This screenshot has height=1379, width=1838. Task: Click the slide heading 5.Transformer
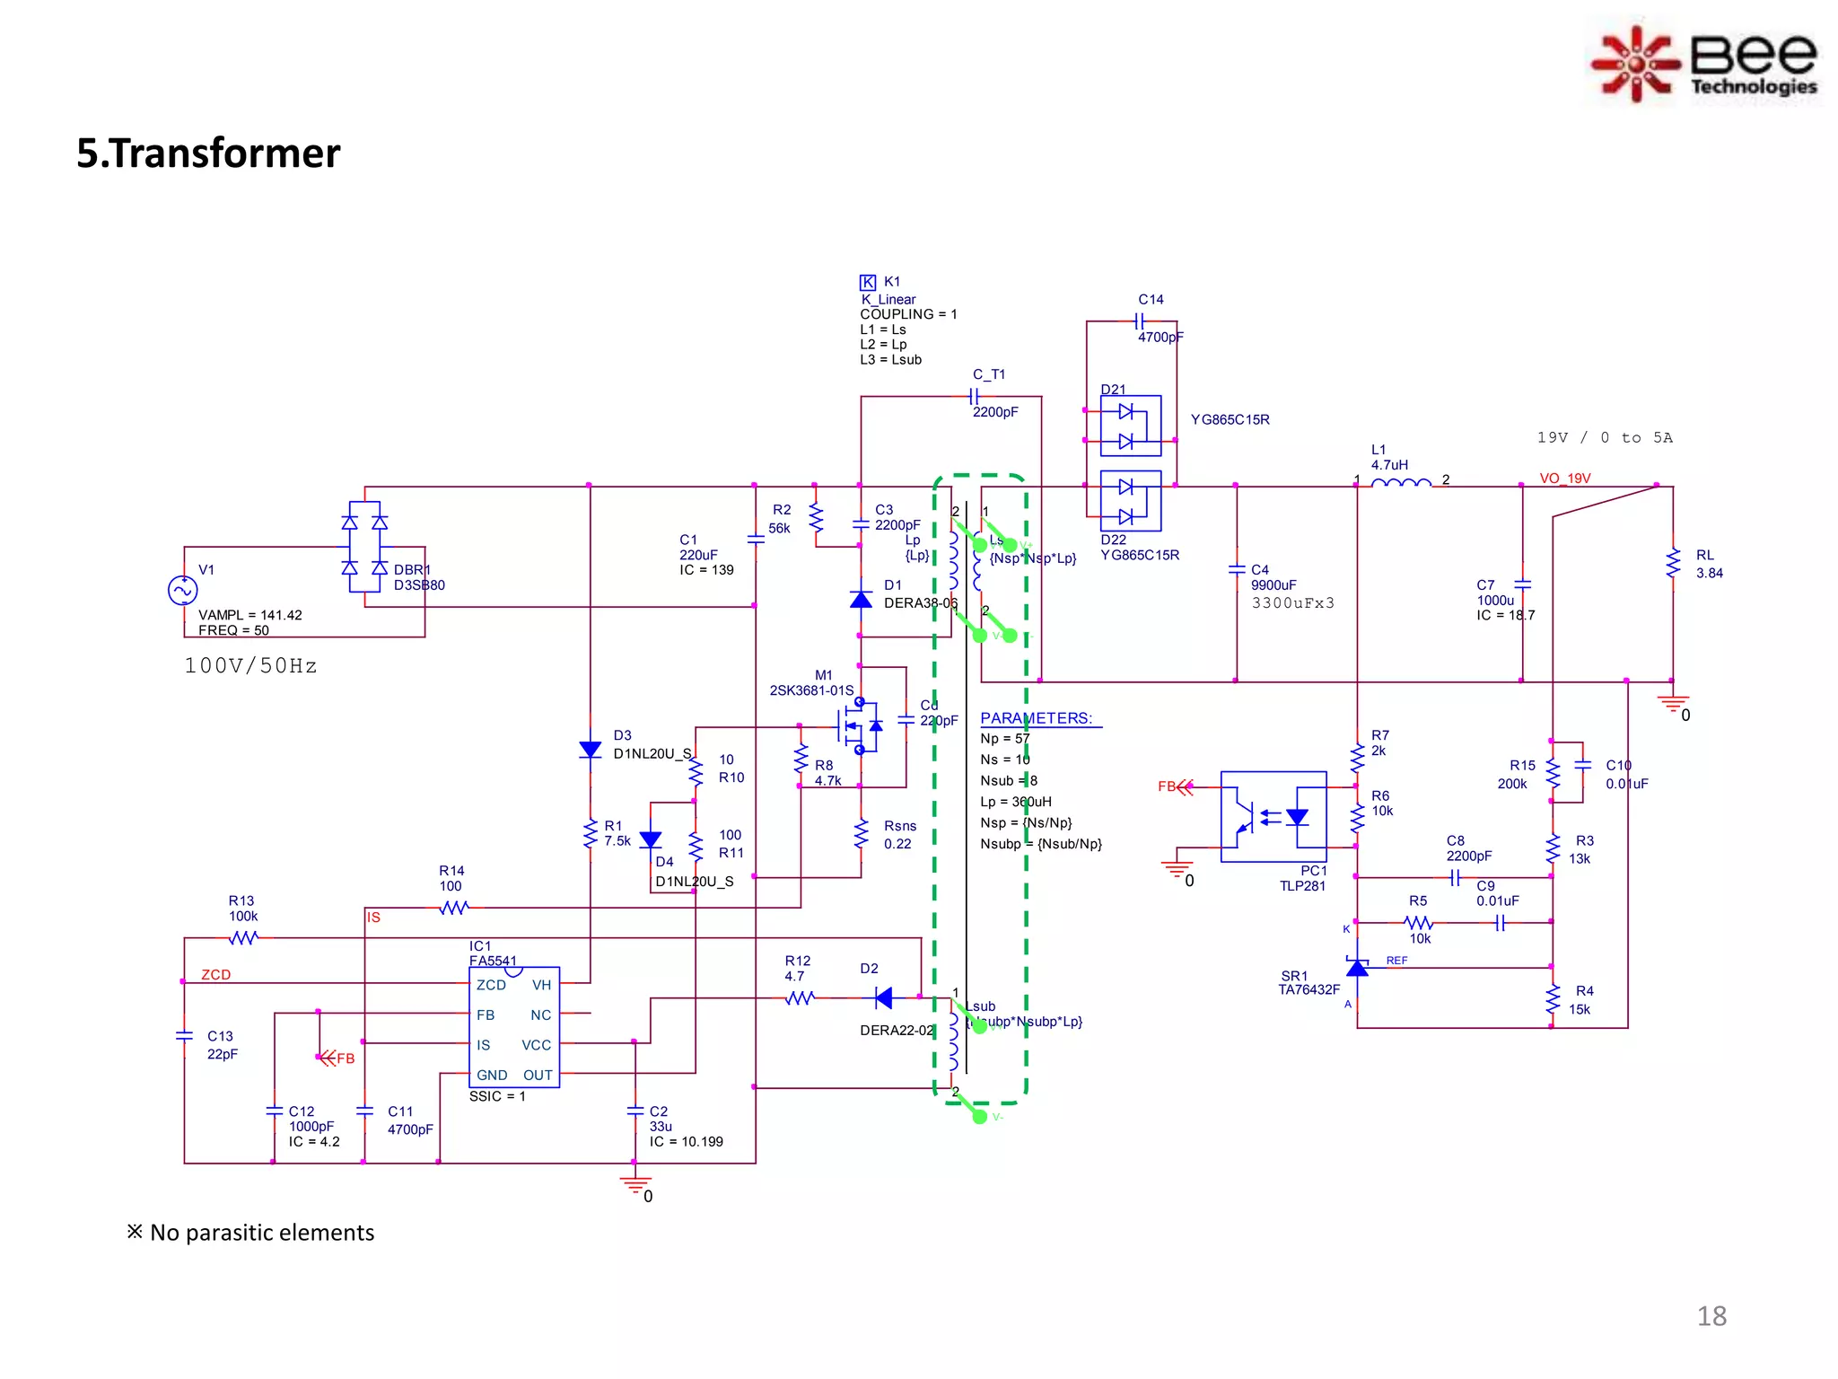tap(208, 154)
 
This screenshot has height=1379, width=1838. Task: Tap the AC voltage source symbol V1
tap(182, 590)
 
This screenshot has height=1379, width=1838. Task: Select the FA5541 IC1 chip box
tap(514, 1027)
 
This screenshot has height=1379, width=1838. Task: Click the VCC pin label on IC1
tap(536, 1045)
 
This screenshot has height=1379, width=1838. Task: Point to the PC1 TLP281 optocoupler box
tap(1273, 816)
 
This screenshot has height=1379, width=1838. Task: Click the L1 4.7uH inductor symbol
tap(1401, 484)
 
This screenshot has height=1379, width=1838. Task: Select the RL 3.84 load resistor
tap(1673, 564)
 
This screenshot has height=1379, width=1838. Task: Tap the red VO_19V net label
tap(1564, 479)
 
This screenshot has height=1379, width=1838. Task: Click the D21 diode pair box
tap(1130, 426)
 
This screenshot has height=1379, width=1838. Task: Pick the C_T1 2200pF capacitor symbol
tap(974, 396)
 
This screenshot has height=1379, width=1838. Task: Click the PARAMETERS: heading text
tap(1036, 718)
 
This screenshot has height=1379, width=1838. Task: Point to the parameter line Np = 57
tap(1004, 739)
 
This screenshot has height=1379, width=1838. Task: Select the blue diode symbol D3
tap(591, 750)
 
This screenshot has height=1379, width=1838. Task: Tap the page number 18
tap(1711, 1316)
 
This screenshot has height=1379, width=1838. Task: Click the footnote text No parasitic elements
tap(261, 1233)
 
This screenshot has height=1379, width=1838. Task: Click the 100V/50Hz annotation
tap(250, 666)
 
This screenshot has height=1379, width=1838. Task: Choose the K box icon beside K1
tap(867, 282)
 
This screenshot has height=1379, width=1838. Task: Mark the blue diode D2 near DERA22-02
tap(883, 997)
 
